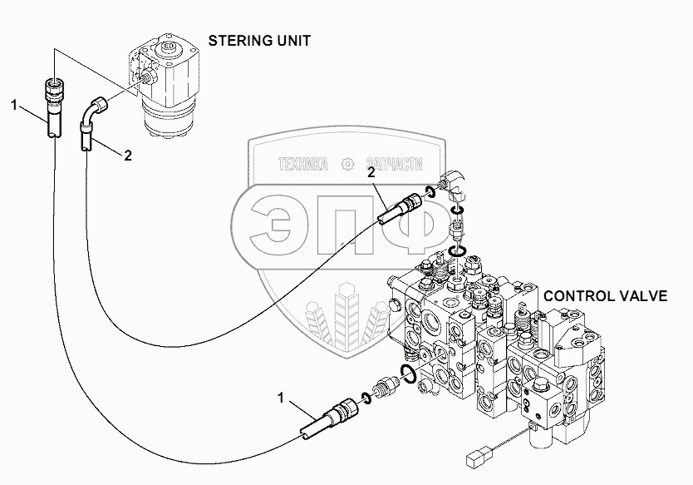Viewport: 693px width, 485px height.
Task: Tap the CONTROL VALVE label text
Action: [x=617, y=296]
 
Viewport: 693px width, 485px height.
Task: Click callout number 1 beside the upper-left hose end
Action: [x=14, y=104]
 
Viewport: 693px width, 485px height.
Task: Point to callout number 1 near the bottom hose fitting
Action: [x=284, y=400]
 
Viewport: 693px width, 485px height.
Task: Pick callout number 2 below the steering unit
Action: [x=127, y=155]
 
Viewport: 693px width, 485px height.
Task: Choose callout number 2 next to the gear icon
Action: [x=371, y=172]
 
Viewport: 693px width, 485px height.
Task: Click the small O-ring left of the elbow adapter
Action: [x=430, y=193]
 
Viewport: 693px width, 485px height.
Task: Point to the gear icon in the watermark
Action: [x=349, y=164]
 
